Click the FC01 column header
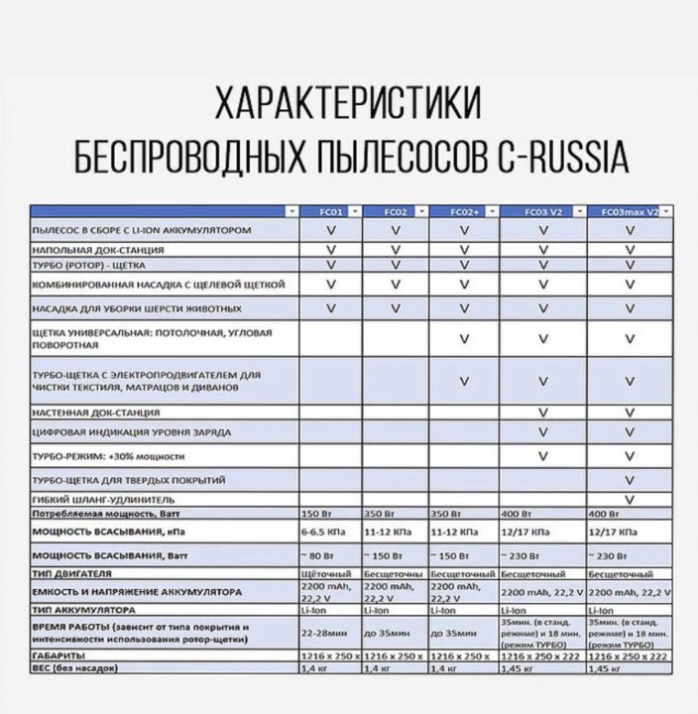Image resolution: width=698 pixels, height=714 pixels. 330,211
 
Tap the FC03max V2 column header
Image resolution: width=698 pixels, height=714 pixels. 625,211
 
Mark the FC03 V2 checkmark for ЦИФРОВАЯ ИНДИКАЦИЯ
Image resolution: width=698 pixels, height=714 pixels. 542,432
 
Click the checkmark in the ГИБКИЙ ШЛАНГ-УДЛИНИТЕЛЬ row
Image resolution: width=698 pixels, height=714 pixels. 630,498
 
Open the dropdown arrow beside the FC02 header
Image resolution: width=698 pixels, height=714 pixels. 421,211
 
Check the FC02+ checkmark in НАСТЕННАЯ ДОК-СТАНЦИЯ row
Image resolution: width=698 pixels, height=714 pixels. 463,412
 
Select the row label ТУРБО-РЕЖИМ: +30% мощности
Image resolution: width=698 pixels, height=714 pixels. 109,456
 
